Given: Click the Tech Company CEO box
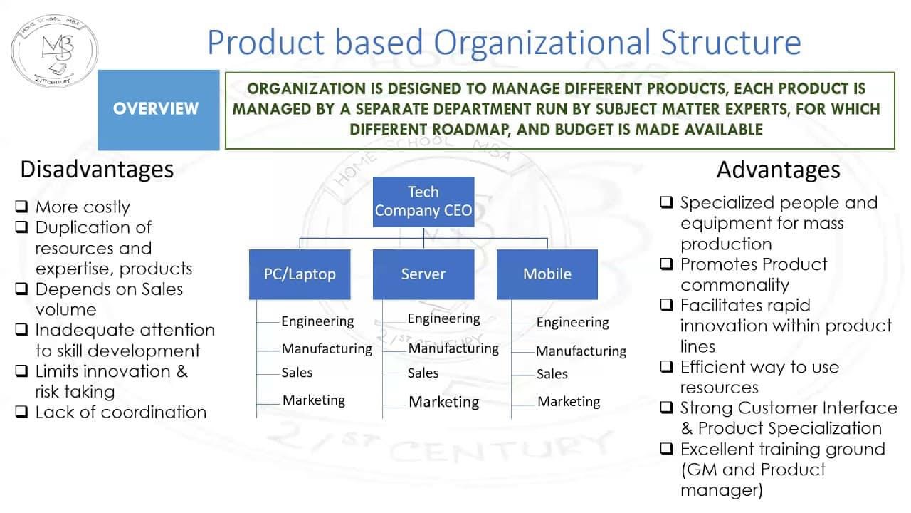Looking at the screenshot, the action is [x=423, y=202].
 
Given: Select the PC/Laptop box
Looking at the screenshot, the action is [x=300, y=274].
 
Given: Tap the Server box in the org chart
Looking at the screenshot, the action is [x=423, y=274].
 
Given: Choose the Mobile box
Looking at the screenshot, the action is [x=547, y=274].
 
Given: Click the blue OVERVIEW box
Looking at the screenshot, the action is [x=159, y=110].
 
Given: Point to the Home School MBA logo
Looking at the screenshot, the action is [x=55, y=51].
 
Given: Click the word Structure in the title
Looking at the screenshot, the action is [x=731, y=42].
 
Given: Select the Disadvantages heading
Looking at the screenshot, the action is [x=97, y=170].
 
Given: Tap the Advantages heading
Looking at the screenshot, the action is [x=779, y=170].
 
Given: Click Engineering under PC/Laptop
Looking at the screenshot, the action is [x=317, y=321].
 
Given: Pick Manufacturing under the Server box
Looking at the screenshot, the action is [x=453, y=348].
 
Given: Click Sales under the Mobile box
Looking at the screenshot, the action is [x=552, y=374].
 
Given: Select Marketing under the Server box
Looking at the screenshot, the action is [x=443, y=402].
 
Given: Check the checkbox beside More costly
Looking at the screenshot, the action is [x=21, y=206].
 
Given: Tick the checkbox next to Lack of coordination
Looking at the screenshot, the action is [x=21, y=412].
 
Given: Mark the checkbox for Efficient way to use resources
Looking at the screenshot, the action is [x=666, y=366].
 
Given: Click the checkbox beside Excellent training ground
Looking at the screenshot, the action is [x=666, y=449].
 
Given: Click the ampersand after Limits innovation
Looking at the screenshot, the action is [x=181, y=371].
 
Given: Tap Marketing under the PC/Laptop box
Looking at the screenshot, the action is [x=314, y=400].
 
